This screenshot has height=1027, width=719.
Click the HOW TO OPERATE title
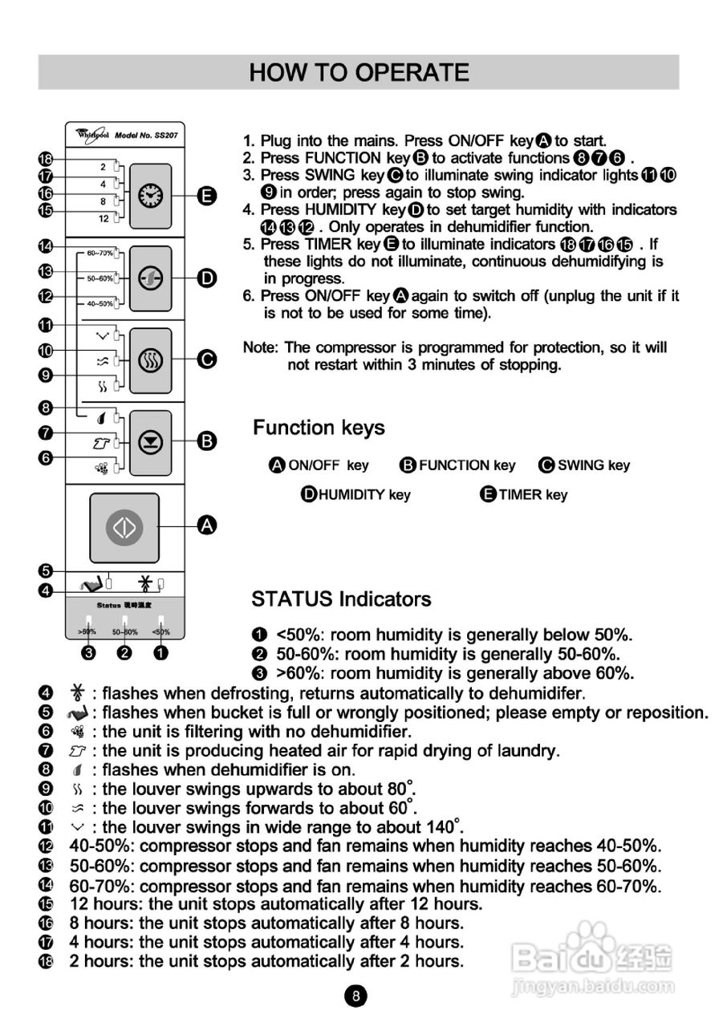359,73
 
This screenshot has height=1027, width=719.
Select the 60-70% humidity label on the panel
99,252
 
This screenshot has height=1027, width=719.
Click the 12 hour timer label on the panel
104,218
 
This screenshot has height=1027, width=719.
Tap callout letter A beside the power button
207,526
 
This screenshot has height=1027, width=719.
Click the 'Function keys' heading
319,428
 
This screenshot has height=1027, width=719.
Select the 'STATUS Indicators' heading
341,599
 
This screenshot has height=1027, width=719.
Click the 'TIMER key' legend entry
524,495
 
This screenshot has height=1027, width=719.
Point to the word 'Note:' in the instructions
261,347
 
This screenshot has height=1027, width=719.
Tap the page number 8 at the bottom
356,997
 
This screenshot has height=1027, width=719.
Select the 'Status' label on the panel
109,605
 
